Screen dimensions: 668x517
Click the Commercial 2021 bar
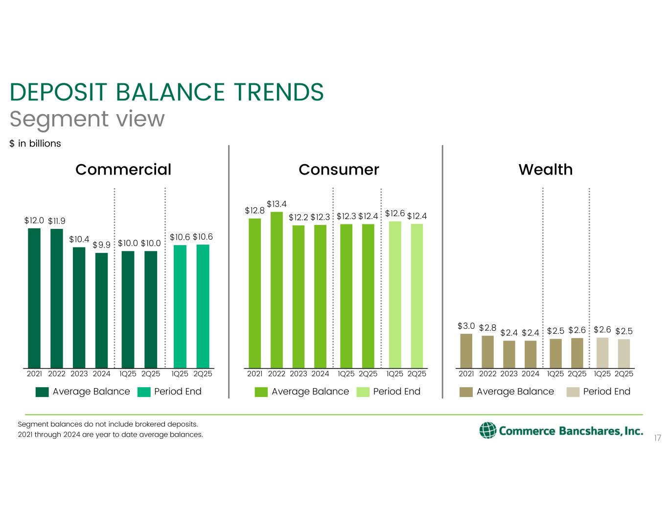34,298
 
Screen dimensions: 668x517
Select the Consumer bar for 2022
276,290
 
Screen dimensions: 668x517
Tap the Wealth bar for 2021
466,351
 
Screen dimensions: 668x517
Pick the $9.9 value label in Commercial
101,245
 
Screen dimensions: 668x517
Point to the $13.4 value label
276,204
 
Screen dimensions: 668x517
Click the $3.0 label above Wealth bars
466,325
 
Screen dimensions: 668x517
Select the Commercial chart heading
123,169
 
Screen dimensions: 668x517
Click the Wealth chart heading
545,169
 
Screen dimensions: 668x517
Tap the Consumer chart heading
339,169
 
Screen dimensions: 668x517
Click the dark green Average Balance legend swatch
42,392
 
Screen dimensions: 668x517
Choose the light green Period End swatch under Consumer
363,392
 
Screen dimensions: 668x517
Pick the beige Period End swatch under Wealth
573,392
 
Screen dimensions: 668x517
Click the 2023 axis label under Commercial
79,373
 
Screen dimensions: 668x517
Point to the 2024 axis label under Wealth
530,373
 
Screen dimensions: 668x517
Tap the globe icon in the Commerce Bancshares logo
488,430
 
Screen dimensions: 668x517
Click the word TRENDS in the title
278,92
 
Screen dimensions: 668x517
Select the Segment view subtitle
87,120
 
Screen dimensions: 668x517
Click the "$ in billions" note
35,144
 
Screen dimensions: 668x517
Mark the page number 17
657,438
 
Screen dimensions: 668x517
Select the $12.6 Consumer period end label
395,213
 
